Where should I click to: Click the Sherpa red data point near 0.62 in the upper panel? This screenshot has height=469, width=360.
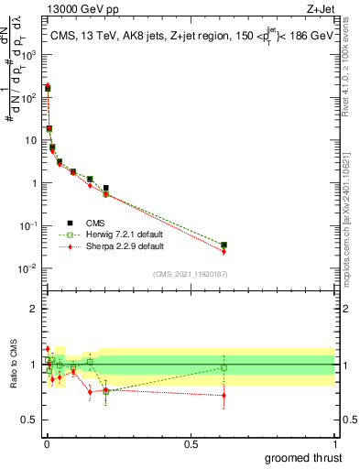[224, 251]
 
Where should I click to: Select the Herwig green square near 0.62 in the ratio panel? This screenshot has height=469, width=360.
[224, 367]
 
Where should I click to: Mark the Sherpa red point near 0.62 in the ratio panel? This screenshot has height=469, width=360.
[224, 396]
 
